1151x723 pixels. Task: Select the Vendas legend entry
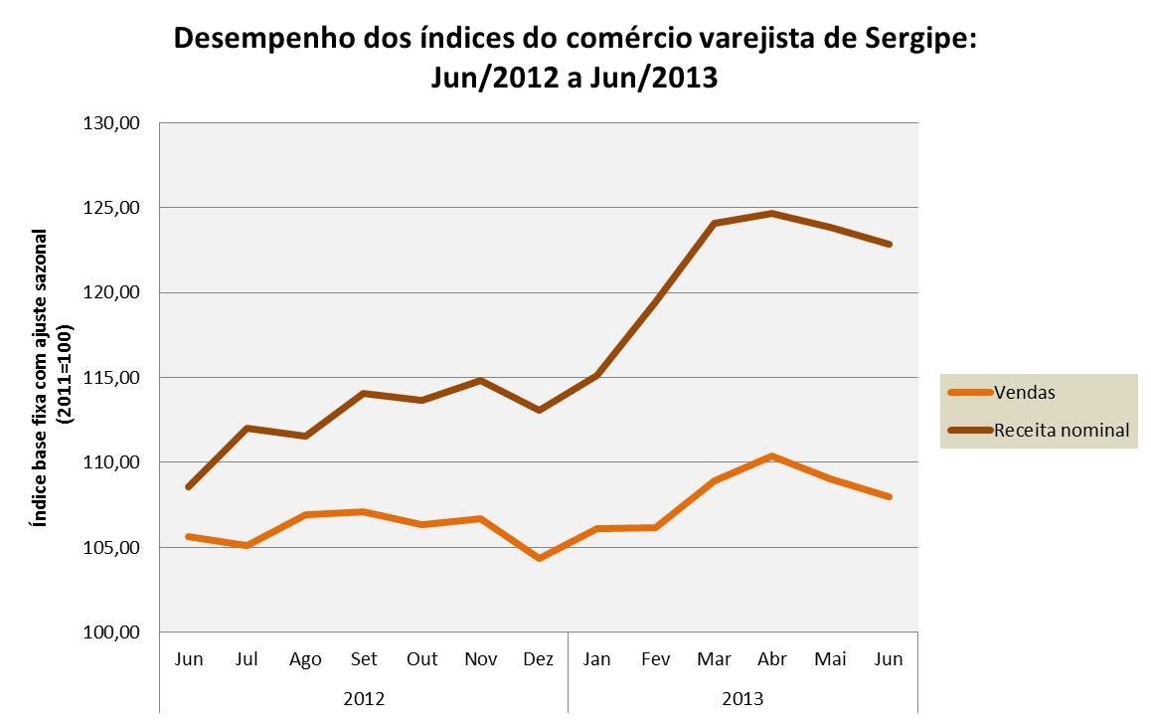[x=1025, y=392]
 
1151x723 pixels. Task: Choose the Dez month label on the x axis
[x=539, y=659]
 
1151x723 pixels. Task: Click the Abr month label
[x=772, y=659]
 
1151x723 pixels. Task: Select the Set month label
[x=364, y=659]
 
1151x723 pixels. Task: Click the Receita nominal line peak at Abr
[x=772, y=213]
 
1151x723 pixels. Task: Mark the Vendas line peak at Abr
[x=772, y=456]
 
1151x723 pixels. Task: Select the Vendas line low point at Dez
[x=539, y=558]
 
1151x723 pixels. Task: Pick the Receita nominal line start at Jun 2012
[x=188, y=487]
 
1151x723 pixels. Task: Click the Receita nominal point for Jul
[x=247, y=429]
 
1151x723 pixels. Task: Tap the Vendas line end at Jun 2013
[x=889, y=496]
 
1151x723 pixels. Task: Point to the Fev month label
[x=655, y=659]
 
